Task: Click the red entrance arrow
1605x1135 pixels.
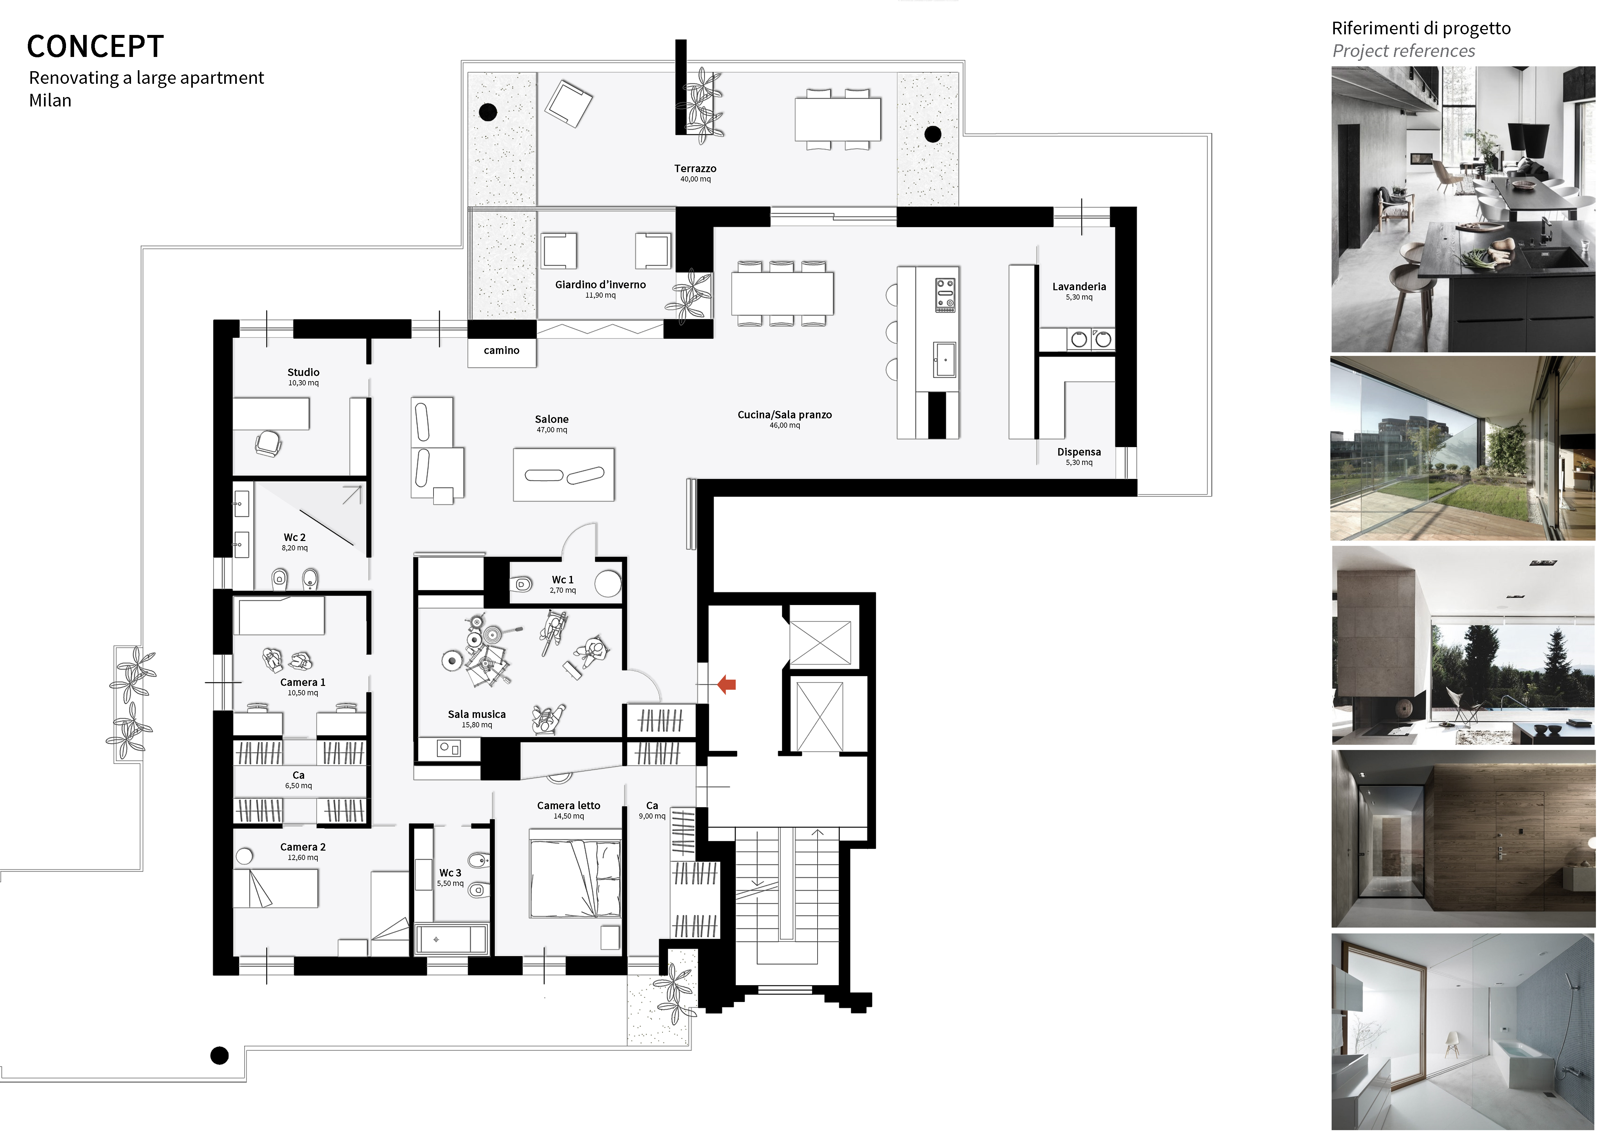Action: point(727,684)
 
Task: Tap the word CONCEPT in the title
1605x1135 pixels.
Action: point(95,47)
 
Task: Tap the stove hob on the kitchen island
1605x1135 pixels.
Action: point(945,294)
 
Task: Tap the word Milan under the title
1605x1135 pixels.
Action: point(50,101)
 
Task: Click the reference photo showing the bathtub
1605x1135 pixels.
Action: point(1463,1031)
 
